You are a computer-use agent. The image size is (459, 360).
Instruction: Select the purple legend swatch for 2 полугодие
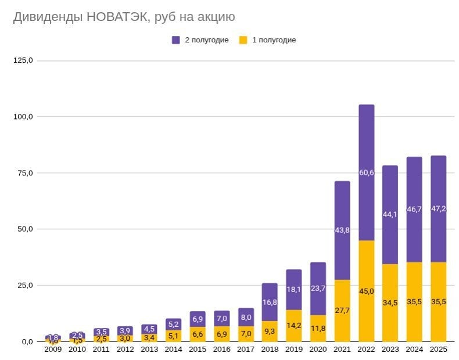tap(176, 40)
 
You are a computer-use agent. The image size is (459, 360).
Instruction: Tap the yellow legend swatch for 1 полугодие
tap(243, 40)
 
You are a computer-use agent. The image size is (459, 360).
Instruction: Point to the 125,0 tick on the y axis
tap(23, 60)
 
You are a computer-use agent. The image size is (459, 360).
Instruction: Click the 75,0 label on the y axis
tap(23, 173)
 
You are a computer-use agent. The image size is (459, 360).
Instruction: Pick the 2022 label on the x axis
tap(367, 350)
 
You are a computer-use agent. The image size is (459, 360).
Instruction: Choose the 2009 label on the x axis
tap(53, 350)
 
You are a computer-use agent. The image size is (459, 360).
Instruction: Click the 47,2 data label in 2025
tap(439, 209)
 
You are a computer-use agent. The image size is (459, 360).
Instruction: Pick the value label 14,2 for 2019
tap(294, 325)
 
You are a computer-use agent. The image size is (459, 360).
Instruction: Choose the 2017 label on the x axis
tap(246, 350)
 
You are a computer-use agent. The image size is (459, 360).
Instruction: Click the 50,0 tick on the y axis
tap(23, 229)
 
